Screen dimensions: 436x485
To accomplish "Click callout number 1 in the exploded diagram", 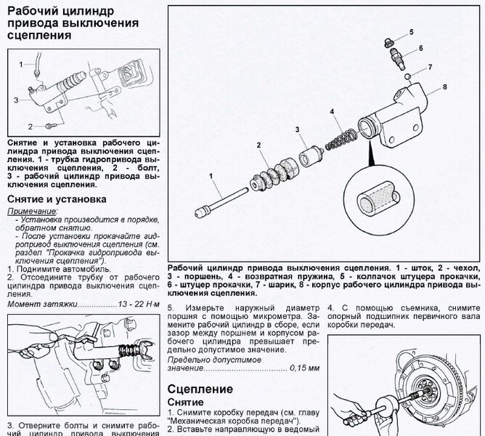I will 211,175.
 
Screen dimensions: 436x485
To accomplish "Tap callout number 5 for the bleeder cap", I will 410,33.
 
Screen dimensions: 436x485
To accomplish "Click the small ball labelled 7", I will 409,75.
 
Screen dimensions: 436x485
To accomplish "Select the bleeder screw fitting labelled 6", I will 398,54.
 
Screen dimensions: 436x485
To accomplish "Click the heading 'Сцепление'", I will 200,389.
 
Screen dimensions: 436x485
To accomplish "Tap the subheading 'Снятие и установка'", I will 57,198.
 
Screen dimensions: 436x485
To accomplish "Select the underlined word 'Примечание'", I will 32,210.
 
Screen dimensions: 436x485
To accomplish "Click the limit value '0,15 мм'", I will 304,368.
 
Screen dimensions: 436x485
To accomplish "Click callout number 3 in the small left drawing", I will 15,99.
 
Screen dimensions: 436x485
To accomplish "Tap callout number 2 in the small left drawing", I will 31,126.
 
